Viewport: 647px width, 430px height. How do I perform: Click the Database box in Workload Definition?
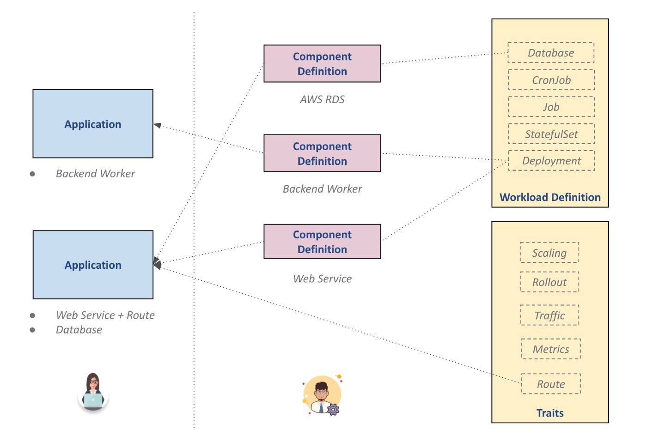551,53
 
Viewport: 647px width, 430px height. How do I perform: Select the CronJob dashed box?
551,80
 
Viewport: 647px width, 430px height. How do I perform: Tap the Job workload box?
551,107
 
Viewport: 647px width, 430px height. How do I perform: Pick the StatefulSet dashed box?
551,134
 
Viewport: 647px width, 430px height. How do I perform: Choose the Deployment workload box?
551,161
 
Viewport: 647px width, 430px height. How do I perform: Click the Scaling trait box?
549,253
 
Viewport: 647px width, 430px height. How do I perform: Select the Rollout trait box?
549,282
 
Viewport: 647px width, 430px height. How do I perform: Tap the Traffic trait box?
549,315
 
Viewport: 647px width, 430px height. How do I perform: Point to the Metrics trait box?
551,349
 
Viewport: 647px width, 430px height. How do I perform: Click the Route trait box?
551,384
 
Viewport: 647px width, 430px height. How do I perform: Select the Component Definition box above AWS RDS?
322,64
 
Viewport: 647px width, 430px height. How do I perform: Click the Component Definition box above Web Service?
322,242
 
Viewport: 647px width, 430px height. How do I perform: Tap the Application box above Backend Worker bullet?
93,124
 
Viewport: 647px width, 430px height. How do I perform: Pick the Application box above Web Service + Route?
93,265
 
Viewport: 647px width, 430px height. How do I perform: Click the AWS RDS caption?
322,99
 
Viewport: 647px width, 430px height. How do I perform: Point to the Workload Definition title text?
550,197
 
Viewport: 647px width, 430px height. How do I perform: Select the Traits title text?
550,413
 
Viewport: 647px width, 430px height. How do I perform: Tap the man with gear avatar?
323,395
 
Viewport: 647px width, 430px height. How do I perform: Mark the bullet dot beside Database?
32,330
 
